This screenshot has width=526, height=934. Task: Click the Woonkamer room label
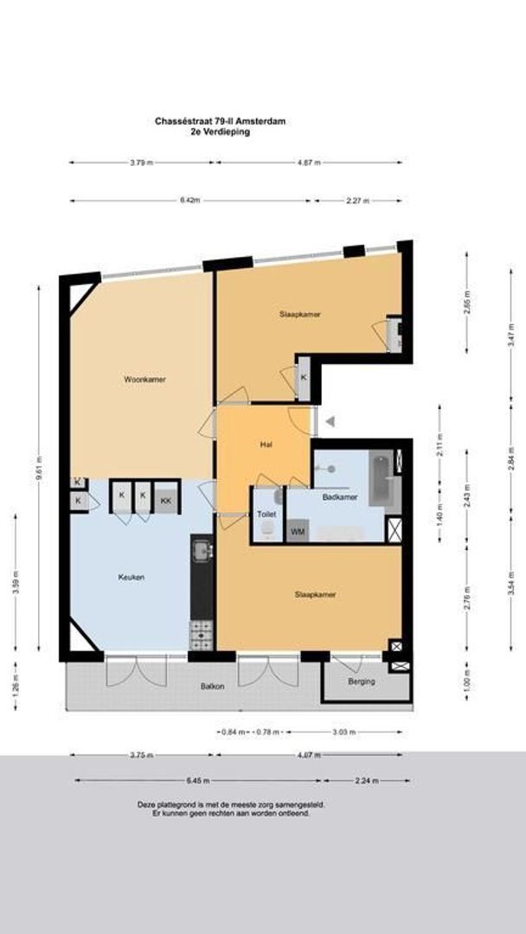[x=144, y=379]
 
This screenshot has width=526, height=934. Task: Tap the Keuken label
[x=132, y=577]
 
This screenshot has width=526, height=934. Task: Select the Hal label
[x=266, y=445]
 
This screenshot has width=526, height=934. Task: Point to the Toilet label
[x=266, y=514]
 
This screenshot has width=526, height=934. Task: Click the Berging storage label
[x=361, y=681]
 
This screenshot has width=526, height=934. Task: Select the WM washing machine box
[x=298, y=531]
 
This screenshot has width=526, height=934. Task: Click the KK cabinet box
[x=164, y=498]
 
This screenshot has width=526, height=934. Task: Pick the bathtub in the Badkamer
[x=382, y=478]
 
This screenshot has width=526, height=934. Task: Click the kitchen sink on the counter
[x=202, y=550]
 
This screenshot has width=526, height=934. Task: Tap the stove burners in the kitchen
[x=202, y=635]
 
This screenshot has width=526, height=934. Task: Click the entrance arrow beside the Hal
[x=330, y=421]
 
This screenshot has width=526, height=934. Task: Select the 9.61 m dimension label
[x=39, y=473]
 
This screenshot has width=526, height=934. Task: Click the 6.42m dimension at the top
[x=190, y=201]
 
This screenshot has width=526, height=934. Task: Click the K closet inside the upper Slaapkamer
[x=305, y=377]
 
